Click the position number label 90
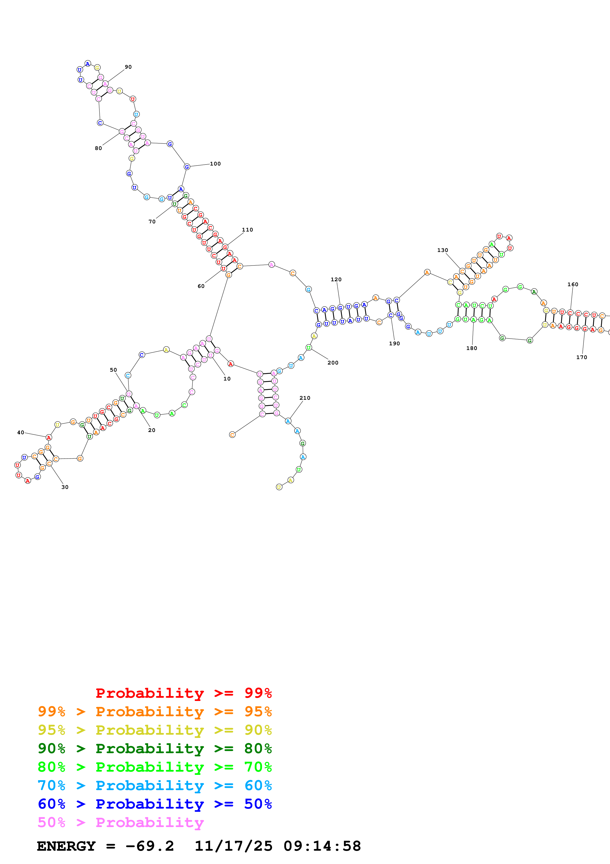pyautogui.click(x=128, y=67)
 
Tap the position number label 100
pyautogui.click(x=215, y=164)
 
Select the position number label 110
pyautogui.click(x=247, y=230)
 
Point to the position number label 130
pyautogui.click(x=442, y=250)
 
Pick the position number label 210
pyautogui.click(x=305, y=398)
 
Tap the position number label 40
pyautogui.click(x=21, y=432)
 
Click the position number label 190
pyautogui.click(x=394, y=344)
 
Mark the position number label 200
pyautogui.click(x=333, y=363)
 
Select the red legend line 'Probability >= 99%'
pyautogui.click(x=183, y=693)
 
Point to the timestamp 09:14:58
pyautogui.click(x=322, y=846)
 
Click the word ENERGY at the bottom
pyautogui.click(x=66, y=846)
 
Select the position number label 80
pyautogui.click(x=98, y=148)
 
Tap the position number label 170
pyautogui.click(x=581, y=357)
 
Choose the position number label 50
pyautogui.click(x=113, y=370)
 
